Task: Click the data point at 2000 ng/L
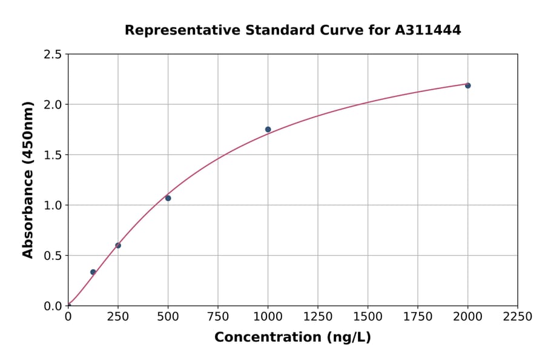click(467, 85)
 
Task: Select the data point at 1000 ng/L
click(268, 129)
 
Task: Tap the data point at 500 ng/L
click(168, 198)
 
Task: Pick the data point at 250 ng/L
click(118, 245)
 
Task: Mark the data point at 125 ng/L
click(93, 272)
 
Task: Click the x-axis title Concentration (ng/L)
click(292, 338)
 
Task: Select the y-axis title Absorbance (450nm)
click(28, 179)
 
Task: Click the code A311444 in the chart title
click(428, 30)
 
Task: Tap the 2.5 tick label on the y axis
click(53, 55)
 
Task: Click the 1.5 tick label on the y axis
click(53, 155)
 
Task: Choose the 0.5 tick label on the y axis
click(53, 256)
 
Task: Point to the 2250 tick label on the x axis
click(518, 317)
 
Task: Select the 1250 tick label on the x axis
click(318, 317)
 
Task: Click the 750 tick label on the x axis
click(218, 317)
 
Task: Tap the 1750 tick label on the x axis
click(418, 317)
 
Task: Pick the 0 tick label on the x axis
click(68, 317)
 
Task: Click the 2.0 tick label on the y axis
click(53, 105)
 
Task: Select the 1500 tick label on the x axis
click(368, 317)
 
